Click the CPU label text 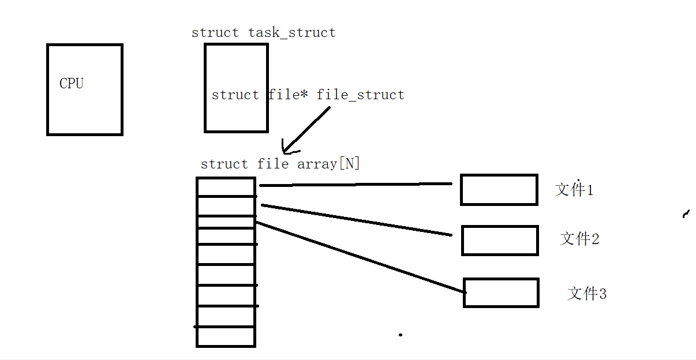pyautogui.click(x=72, y=84)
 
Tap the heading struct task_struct pyautogui.click(x=263, y=32)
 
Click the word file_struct pyautogui.click(x=361, y=95)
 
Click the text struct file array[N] pyautogui.click(x=280, y=164)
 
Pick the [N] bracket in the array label pyautogui.click(x=349, y=164)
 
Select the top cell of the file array pyautogui.click(x=226, y=187)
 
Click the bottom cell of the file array pyautogui.click(x=226, y=336)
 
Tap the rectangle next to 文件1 pyautogui.click(x=499, y=190)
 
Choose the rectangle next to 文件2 pyautogui.click(x=500, y=241)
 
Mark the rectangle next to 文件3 pyautogui.click(x=501, y=292)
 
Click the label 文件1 pyautogui.click(x=574, y=189)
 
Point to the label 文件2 pyautogui.click(x=579, y=238)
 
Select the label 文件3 pyautogui.click(x=587, y=293)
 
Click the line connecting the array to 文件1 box pyautogui.click(x=355, y=185)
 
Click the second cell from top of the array pyautogui.click(x=226, y=206)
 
